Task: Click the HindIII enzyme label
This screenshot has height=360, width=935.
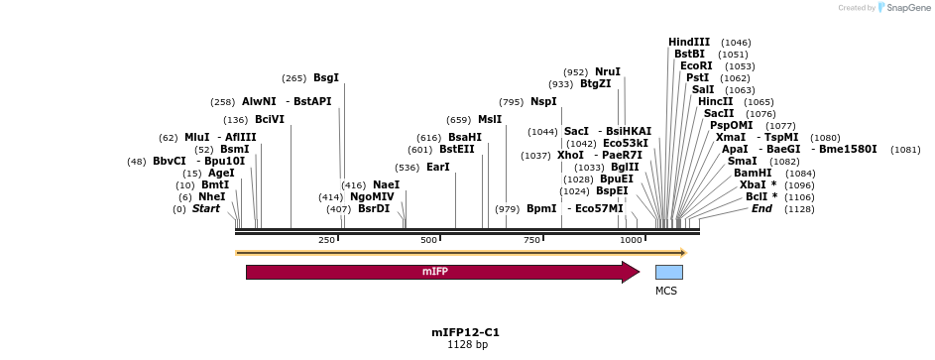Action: tap(689, 42)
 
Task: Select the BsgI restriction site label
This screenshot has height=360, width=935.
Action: tap(326, 77)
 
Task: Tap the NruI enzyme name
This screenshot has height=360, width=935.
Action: tap(608, 71)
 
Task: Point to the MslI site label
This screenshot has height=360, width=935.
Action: tap(490, 119)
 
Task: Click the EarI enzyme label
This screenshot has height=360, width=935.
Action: tap(438, 167)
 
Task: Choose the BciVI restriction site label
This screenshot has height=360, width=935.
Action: tap(270, 119)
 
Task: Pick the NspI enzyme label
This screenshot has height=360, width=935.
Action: tap(543, 101)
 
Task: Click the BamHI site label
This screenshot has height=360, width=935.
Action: tap(753, 173)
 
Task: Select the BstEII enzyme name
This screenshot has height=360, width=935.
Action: tap(457, 149)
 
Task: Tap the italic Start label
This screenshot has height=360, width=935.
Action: tap(206, 208)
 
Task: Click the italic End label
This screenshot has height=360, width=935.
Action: tap(761, 208)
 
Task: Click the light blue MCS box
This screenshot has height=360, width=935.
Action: tap(668, 272)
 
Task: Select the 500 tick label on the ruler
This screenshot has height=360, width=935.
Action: tap(429, 241)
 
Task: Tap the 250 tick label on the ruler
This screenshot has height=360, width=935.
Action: tap(326, 241)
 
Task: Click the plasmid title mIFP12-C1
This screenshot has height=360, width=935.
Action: tap(466, 332)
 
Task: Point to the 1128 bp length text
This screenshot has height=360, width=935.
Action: tap(467, 345)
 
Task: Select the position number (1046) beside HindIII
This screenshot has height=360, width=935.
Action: tap(736, 43)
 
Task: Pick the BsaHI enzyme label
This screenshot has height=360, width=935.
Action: tap(465, 137)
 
